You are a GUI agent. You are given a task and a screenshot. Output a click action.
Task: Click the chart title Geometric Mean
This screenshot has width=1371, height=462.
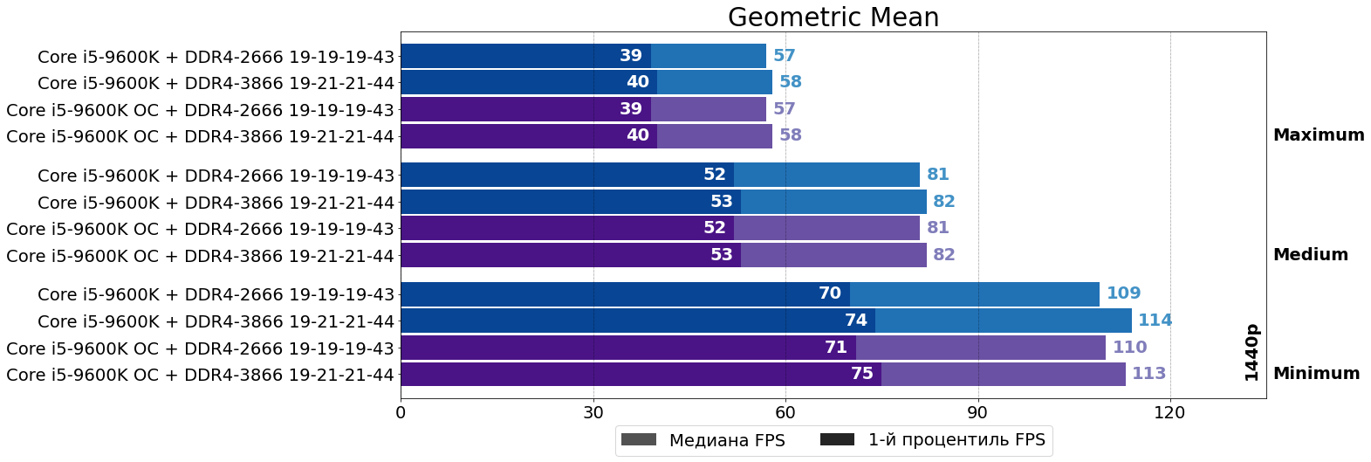point(833,17)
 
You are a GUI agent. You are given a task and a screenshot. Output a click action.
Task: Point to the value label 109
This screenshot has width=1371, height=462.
point(1123,293)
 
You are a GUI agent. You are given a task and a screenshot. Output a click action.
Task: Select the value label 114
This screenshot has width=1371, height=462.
point(1155,321)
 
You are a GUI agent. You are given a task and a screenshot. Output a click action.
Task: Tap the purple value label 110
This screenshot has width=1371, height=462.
point(1129,348)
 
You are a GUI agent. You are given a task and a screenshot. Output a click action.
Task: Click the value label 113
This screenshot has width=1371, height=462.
point(1148,374)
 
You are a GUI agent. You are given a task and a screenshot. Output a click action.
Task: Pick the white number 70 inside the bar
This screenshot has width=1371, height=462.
point(830,293)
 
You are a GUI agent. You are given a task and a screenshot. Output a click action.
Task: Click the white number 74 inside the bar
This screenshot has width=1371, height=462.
point(856,321)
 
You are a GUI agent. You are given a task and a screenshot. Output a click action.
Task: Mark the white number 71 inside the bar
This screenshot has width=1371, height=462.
point(836,348)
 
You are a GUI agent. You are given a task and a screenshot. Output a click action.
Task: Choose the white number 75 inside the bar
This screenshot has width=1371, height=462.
point(862,374)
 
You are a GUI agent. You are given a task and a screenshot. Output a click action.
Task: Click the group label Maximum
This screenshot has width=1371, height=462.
point(1318,135)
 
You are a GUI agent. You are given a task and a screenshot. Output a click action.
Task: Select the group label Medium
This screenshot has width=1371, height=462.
point(1310,255)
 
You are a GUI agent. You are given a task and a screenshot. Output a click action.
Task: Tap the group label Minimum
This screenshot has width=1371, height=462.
point(1316,374)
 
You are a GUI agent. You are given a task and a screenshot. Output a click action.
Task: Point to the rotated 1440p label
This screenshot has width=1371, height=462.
point(1251,353)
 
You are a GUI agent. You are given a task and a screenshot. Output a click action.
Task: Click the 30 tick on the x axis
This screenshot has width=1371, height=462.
point(593,412)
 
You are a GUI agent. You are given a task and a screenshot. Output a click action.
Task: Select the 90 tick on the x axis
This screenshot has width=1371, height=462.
point(977,412)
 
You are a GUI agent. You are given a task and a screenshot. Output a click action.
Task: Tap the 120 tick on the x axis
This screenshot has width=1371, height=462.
point(1169,412)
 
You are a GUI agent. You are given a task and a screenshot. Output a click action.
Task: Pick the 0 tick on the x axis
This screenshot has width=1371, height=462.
point(401,412)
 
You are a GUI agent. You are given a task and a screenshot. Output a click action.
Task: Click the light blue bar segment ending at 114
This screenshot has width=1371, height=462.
point(1004,321)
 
